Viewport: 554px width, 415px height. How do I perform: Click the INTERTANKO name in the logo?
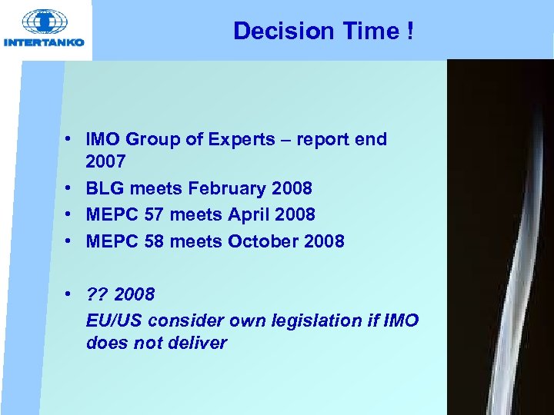pyautogui.click(x=44, y=42)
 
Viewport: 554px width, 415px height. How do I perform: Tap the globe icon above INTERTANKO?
pyautogui.click(x=44, y=22)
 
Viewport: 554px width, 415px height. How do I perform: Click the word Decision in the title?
pyautogui.click(x=274, y=31)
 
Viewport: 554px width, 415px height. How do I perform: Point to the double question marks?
pyautogui.click(x=97, y=294)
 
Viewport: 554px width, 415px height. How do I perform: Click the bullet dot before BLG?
pyautogui.click(x=68, y=188)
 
